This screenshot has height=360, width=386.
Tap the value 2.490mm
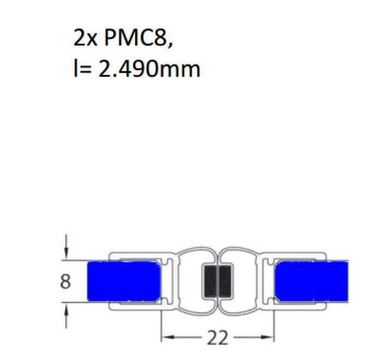149,69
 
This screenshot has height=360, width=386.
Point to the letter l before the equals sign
75,69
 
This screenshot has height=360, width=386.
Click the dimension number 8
65,282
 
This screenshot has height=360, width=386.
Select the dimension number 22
217,338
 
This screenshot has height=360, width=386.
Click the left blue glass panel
124,281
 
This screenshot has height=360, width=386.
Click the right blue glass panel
310,281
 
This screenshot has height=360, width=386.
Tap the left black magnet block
210,281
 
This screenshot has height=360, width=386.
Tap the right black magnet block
225,281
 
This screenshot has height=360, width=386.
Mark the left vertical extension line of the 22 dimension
161,322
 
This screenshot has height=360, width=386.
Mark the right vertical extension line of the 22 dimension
273,322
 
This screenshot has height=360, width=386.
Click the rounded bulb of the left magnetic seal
194,281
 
